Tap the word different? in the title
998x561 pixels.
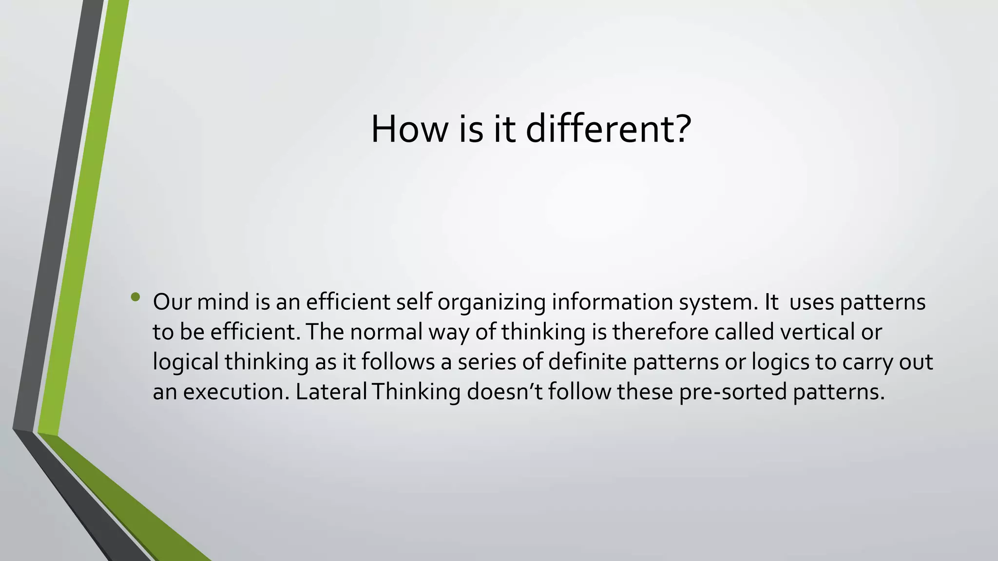609,129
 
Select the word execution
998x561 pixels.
236,392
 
